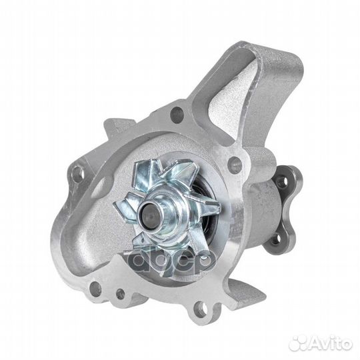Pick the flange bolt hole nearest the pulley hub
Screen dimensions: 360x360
click(x=235, y=162)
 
